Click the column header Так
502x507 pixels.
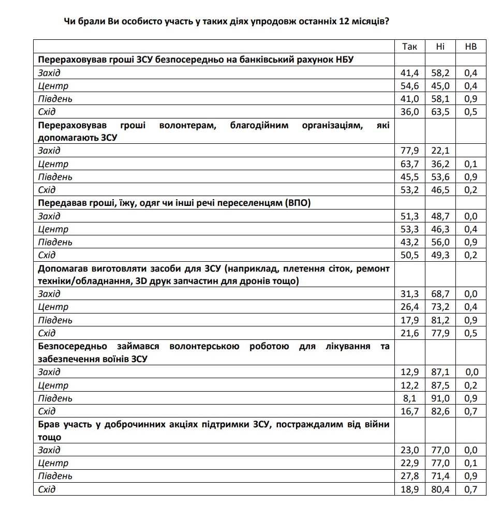click(x=409, y=47)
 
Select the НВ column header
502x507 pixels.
click(x=471, y=47)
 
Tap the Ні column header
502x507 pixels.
click(x=440, y=47)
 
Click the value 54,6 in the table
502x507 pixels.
click(x=409, y=86)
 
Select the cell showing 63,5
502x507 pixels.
click(x=440, y=112)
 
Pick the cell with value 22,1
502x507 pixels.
click(x=440, y=151)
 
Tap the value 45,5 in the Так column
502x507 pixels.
click(x=409, y=177)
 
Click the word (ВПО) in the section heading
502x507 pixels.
click(x=299, y=203)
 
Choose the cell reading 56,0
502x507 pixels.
click(x=440, y=242)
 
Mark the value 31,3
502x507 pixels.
click(x=409, y=294)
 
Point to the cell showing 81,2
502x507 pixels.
click(x=440, y=320)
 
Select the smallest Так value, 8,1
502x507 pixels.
click(x=411, y=398)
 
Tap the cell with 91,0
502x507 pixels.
click(x=440, y=398)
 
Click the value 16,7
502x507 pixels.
click(x=409, y=411)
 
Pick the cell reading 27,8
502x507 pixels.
click(x=409, y=476)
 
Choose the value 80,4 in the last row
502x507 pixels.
click(x=440, y=489)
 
